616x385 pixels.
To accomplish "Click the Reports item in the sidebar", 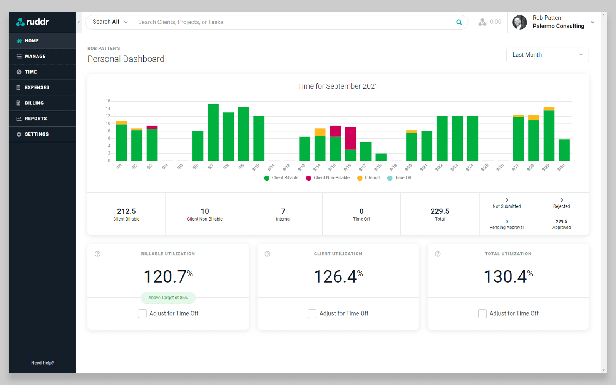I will point(35,119).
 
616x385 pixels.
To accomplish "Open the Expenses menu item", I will point(37,87).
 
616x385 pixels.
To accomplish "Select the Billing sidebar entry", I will point(34,103).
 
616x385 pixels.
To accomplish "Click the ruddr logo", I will point(32,22).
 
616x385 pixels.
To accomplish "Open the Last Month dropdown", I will point(547,55).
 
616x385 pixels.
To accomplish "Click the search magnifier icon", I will point(459,22).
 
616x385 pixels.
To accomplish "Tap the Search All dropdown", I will point(109,22).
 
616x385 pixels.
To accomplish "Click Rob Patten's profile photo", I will point(519,22).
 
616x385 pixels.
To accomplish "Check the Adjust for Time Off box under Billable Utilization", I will point(142,313).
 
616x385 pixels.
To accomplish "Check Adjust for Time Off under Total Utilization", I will point(482,313).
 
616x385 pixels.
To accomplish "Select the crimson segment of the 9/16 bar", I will point(350,138).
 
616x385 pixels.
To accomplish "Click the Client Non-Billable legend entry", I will point(328,178).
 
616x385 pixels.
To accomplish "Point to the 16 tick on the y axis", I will point(108,101).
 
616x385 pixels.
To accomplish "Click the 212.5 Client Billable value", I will point(126,211).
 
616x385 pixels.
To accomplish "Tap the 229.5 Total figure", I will point(440,211).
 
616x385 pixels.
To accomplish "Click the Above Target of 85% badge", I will point(168,298).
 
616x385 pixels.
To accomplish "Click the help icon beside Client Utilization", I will point(268,254).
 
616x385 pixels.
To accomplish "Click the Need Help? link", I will point(42,363).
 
